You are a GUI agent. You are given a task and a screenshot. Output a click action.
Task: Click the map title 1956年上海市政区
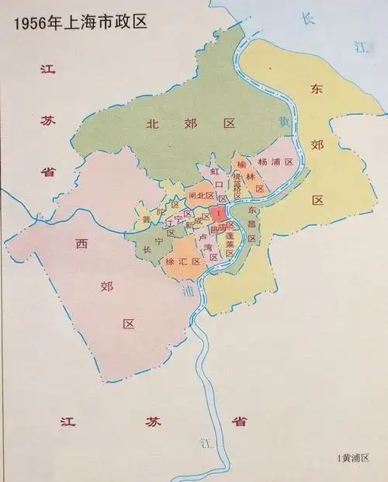pos(70,16)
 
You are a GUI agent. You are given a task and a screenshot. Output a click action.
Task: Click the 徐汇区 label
pos(183,262)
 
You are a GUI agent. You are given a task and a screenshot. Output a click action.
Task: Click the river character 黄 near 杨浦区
pos(284,123)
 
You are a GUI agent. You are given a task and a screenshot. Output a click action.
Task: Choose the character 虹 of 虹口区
pos(215,169)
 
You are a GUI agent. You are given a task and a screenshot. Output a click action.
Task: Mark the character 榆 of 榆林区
pos(241,165)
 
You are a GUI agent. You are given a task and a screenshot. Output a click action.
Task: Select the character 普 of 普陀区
pos(146,220)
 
